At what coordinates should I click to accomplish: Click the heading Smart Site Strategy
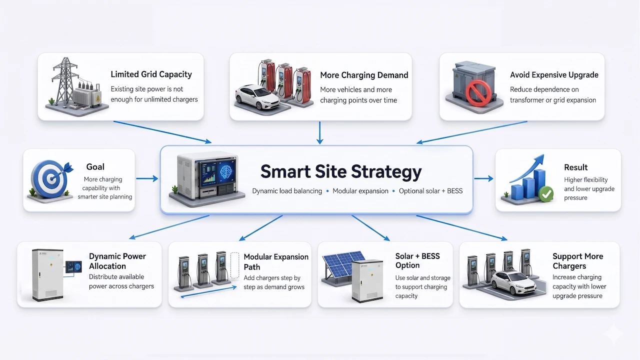tap(341, 172)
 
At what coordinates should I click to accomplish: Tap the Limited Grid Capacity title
tap(151, 74)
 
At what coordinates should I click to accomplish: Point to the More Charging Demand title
tap(364, 75)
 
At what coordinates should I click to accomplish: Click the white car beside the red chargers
tap(256, 96)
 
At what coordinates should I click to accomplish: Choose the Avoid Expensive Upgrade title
tap(554, 75)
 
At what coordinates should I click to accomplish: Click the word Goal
tap(95, 167)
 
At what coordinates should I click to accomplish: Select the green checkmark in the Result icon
tap(546, 194)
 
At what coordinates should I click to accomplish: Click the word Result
tap(575, 167)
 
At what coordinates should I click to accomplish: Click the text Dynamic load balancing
tap(287, 191)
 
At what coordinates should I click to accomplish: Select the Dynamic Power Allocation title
tap(117, 261)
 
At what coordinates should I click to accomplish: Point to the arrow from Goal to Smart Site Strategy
tap(146, 178)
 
